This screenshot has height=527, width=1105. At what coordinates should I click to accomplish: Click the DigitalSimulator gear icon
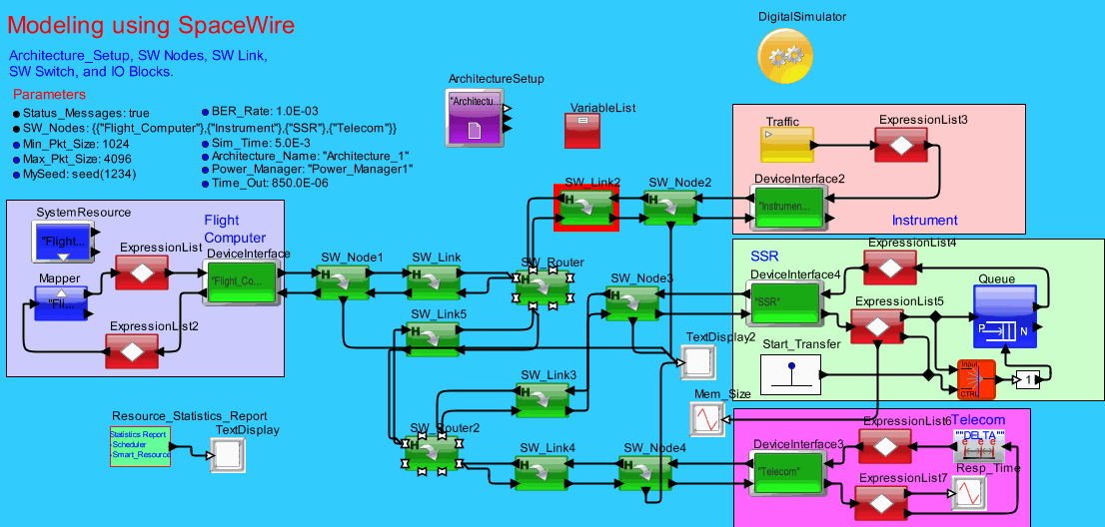pos(785,56)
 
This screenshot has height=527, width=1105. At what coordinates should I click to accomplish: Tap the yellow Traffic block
pos(786,145)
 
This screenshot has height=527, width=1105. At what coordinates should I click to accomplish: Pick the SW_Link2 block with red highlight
pos(586,208)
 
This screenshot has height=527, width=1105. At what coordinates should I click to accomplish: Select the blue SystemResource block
pos(65,243)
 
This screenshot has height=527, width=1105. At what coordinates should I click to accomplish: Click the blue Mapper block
pos(60,303)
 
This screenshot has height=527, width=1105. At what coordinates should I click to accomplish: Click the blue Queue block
pos(1004,316)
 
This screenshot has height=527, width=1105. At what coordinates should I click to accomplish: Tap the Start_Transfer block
pos(789,374)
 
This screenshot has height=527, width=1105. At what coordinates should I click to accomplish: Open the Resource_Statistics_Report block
pos(140,446)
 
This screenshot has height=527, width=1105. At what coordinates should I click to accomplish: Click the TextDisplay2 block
pos(697,359)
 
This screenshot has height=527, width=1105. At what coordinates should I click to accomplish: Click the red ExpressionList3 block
pos(902,145)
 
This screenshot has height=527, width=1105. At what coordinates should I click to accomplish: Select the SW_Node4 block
pos(645,471)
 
